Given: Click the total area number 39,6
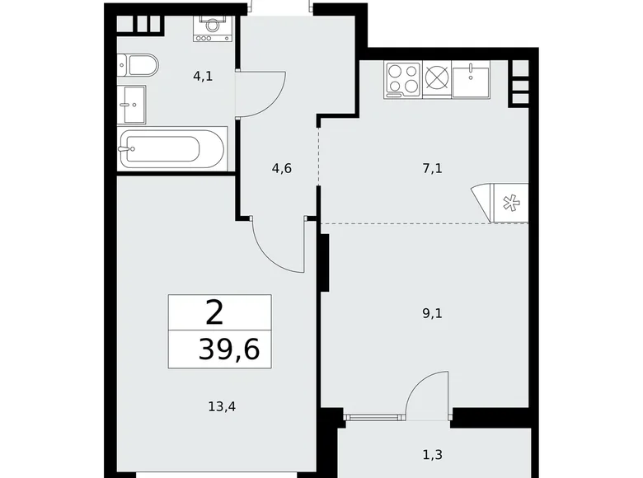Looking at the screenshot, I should pos(228,350).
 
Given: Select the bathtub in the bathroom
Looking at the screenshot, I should pos(171,149).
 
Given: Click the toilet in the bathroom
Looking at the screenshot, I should pos(135,64).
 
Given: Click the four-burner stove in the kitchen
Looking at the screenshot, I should pos(402,79).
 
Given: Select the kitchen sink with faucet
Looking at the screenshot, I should pos(472,79).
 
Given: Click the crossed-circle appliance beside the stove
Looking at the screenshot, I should pos(437,79).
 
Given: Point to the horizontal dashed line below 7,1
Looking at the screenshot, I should pos(396,223).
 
